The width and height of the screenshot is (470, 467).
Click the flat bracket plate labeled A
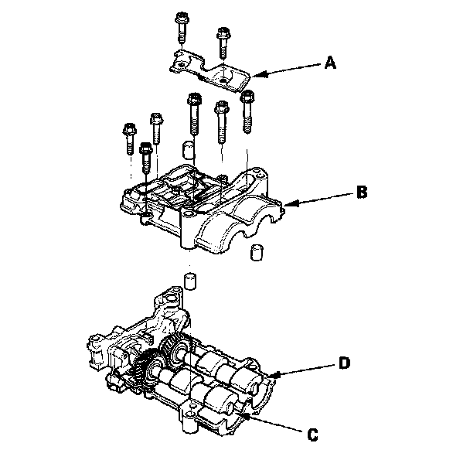pos(209,70)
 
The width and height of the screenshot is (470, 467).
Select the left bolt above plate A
pos(182,26)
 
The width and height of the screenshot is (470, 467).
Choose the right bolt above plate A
pos(225,43)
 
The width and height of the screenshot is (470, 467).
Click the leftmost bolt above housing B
pos(128,140)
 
